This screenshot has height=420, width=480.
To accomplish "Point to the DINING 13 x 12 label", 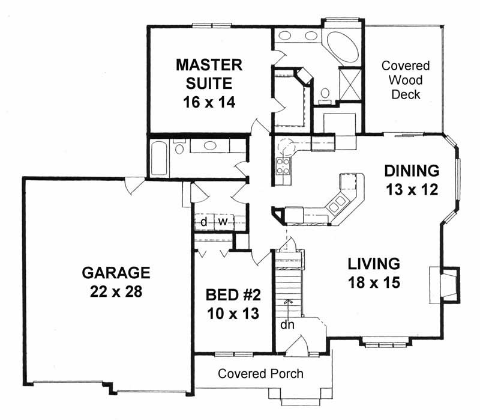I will click(412, 180).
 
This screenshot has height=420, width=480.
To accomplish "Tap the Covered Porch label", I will click(260, 374).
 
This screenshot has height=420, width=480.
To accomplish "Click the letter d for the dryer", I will click(204, 222).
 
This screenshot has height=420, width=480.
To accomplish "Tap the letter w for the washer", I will click(223, 222).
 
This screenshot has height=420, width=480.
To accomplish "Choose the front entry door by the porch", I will click(296, 348).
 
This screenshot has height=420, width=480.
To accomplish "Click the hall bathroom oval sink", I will click(211, 145).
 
